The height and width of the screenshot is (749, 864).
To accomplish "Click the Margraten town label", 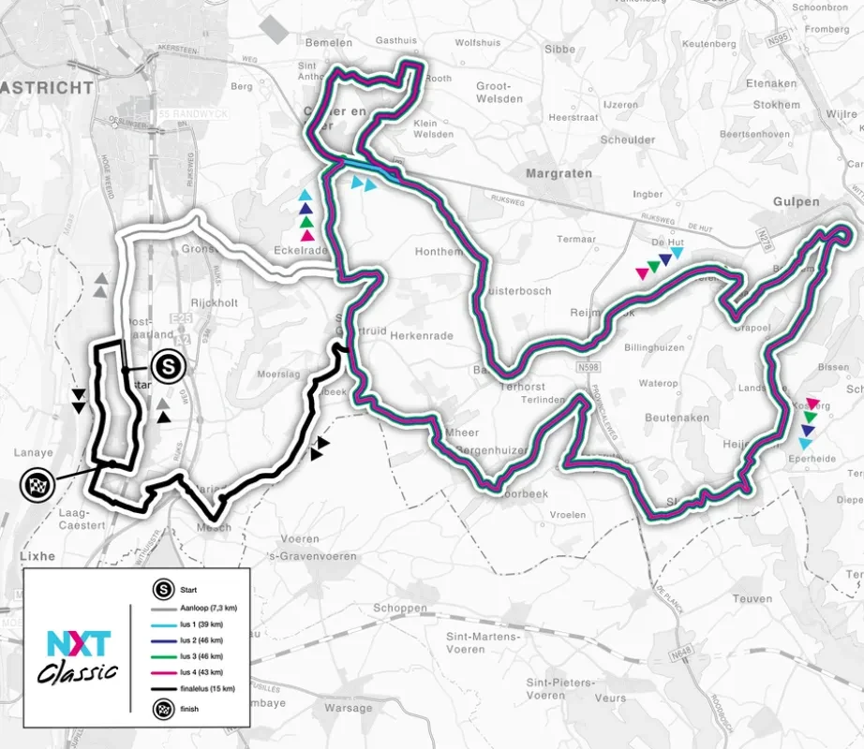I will pos(559,173).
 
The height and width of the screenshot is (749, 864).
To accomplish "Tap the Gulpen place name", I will pos(797,201).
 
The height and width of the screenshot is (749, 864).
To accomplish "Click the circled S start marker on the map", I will pos(169,363).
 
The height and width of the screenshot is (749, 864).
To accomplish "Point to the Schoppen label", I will pos(399,608).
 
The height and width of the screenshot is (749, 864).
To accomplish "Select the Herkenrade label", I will pos(421,335).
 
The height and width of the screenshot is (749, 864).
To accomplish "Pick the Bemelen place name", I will pos(329,42).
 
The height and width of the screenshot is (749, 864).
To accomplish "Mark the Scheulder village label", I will pos(628,140).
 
